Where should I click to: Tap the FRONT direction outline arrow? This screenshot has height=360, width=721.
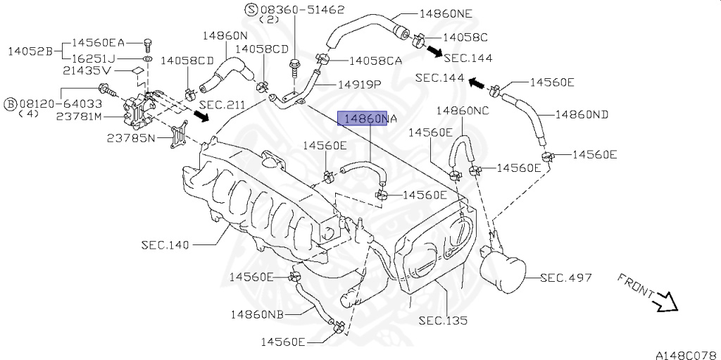pos(664,303)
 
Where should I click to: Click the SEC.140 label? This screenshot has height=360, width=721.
pos(165,244)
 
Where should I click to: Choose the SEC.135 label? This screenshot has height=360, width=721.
pos(443,320)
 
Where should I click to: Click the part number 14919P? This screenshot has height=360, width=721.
pos(359,84)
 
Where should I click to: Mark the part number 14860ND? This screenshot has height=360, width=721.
pos(582,114)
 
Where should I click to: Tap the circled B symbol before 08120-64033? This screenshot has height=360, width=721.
pos(10,104)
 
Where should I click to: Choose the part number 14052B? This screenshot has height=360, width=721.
pos(30,51)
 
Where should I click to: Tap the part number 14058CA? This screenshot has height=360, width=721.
pos(375,61)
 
